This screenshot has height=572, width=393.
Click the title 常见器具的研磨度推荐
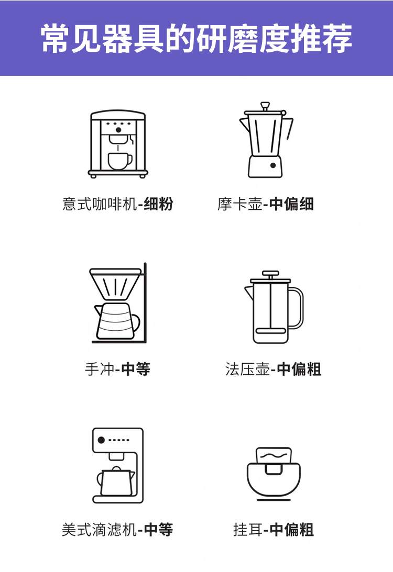tap(196, 39)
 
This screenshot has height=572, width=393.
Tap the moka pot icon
tap(266, 140)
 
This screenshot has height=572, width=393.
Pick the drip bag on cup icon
tap(274, 473)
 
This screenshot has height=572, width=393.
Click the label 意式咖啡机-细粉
tap(117, 204)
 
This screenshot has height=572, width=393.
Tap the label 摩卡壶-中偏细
tap(266, 204)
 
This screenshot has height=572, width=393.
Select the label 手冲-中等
tap(117, 369)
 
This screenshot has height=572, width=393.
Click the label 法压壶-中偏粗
tap(273, 369)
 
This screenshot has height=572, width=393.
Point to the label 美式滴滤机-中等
tap(117, 530)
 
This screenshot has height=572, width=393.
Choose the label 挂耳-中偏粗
tap(273, 530)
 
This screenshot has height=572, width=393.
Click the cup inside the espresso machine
tap(120, 161)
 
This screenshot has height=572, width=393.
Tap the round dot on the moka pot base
tap(273, 165)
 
